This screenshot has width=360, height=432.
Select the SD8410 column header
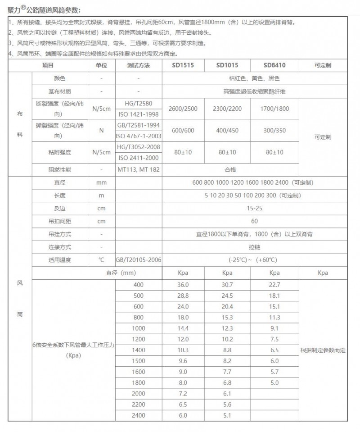274,65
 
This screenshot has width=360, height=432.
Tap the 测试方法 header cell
138,65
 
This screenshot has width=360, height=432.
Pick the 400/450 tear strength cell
228,130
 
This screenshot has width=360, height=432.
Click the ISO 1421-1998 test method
138,114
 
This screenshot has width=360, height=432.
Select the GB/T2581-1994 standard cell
138,125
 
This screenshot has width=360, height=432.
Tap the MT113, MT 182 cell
138,170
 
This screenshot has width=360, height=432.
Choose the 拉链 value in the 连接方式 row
254,247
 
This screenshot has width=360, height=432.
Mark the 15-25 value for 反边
254,209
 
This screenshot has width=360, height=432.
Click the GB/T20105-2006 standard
138,260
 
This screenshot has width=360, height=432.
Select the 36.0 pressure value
183,285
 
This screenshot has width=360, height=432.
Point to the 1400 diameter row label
139,350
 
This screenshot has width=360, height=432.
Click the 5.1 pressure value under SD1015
227,415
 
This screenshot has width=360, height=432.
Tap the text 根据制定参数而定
323,350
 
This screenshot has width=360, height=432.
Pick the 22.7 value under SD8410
274,285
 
